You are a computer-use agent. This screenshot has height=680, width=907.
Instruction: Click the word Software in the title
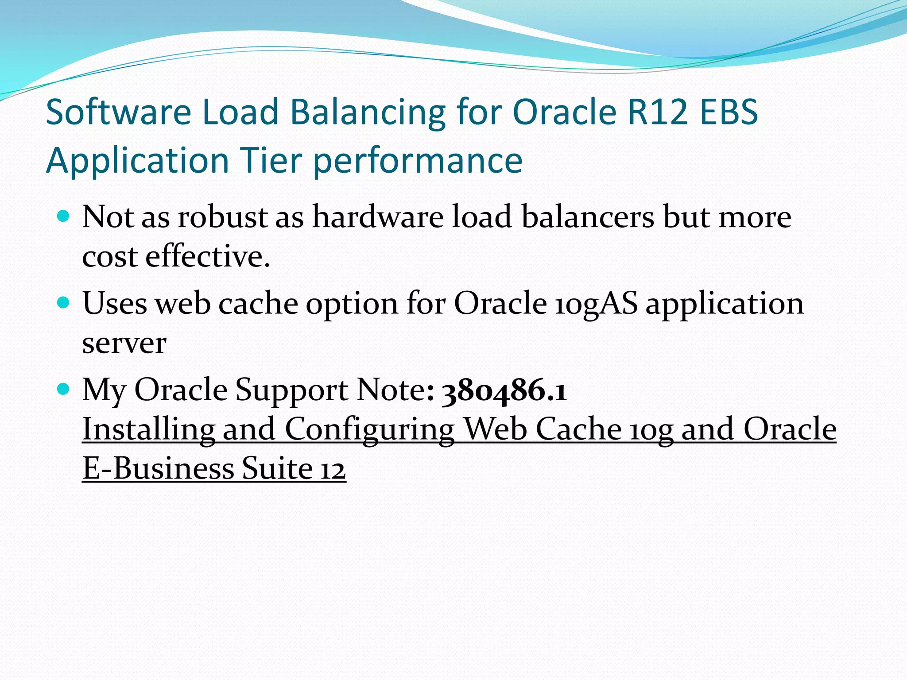tap(118, 112)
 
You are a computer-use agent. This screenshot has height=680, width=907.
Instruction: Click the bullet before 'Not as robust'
tap(64, 216)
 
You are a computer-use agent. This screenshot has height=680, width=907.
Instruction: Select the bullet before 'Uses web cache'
tap(64, 303)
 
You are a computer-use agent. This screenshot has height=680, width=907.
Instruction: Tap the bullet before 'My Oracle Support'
tap(64, 389)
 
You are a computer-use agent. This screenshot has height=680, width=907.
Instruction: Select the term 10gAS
tap(596, 305)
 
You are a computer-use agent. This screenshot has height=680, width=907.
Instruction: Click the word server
tap(124, 344)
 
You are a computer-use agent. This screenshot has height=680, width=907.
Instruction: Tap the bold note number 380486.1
tap(504, 391)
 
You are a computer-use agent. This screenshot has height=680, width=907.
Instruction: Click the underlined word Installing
tap(149, 429)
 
